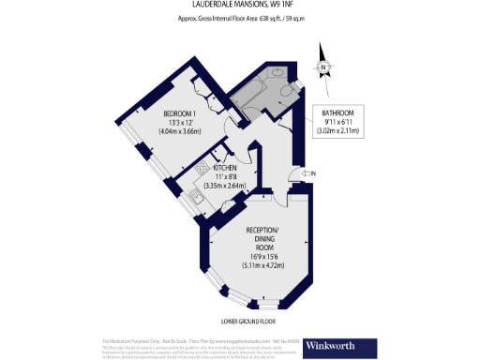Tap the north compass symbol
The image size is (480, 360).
point(323,67)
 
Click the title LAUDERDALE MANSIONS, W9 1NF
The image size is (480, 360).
point(239,6)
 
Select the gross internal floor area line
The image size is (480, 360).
point(239,20)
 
